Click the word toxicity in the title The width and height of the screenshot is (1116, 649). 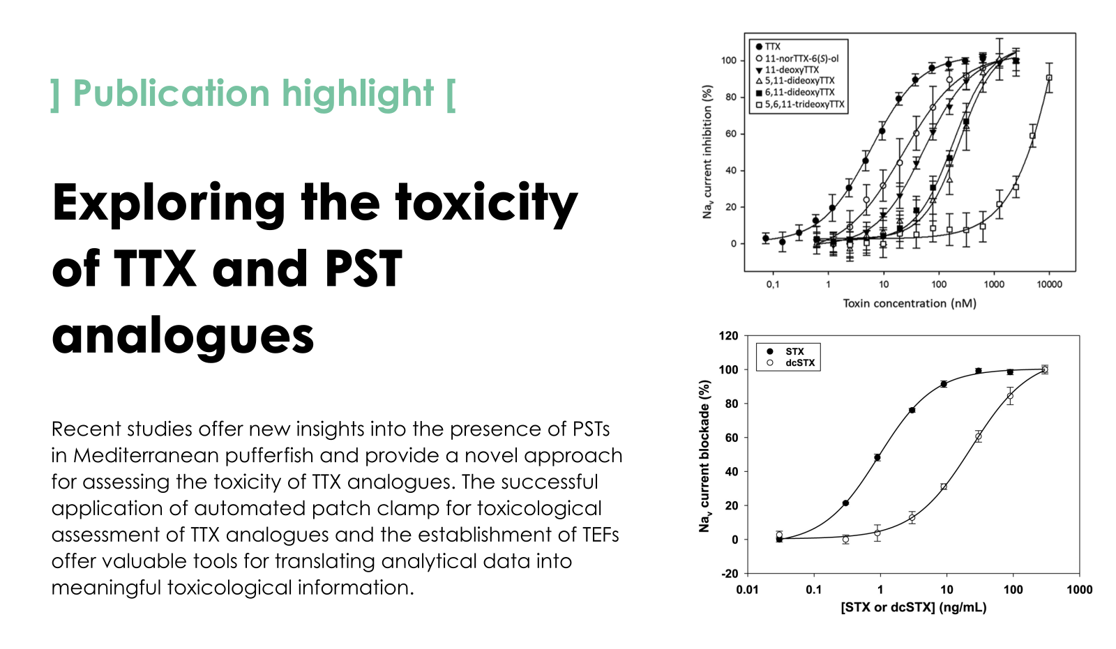click(x=486, y=203)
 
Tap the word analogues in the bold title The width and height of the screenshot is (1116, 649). click(x=183, y=335)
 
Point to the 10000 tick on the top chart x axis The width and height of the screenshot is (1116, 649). click(x=1049, y=284)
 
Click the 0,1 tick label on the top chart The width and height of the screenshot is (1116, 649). click(x=773, y=284)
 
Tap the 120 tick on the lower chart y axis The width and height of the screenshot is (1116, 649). click(x=728, y=336)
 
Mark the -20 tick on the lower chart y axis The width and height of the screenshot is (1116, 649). click(x=730, y=574)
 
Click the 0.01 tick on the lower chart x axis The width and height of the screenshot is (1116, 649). click(x=747, y=590)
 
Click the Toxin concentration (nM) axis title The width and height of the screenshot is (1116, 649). click(x=910, y=303)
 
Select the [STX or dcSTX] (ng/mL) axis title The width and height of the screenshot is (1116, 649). click(x=914, y=607)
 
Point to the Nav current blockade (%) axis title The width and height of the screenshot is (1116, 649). click(x=704, y=456)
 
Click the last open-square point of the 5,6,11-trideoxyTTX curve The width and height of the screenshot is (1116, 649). click(x=1048, y=78)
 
